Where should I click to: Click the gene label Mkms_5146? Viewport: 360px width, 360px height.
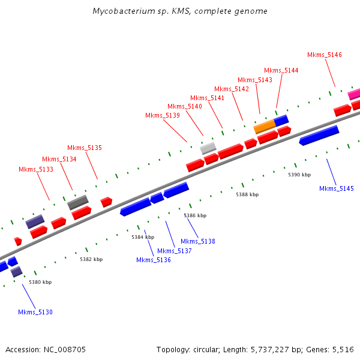(x=325, y=55)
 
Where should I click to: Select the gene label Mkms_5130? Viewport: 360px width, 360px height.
(x=35, y=312)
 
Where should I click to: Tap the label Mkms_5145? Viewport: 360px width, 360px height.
(x=337, y=188)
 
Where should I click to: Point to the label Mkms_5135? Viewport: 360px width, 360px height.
(x=85, y=148)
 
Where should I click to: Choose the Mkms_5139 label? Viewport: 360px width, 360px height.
(x=163, y=115)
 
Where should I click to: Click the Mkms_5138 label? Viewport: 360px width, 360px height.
(x=198, y=241)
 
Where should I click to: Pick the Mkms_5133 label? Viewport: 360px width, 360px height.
(x=36, y=169)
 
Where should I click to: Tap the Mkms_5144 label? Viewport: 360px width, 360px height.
(x=281, y=70)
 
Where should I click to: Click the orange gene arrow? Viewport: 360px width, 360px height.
(x=264, y=127)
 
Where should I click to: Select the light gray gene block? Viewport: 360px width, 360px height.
(x=208, y=147)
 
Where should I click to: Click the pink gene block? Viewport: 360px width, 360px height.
(x=354, y=94)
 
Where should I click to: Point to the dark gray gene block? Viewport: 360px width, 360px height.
(x=78, y=202)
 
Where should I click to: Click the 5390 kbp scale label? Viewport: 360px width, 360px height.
(x=299, y=175)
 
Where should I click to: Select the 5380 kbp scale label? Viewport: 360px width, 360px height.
(x=40, y=282)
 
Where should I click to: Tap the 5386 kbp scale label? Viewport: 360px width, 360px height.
(x=195, y=215)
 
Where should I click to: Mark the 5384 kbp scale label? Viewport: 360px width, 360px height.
(x=143, y=237)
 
